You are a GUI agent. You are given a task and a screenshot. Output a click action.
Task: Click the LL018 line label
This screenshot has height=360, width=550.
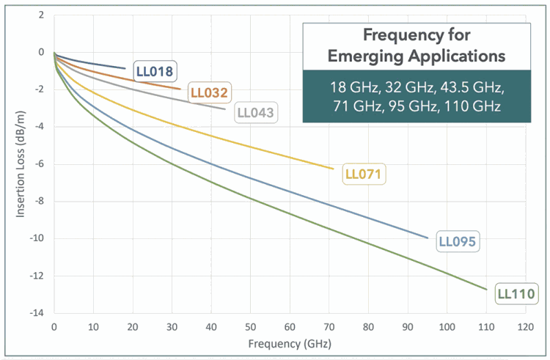point(154,72)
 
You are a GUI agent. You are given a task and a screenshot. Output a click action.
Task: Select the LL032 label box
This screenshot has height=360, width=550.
point(210,93)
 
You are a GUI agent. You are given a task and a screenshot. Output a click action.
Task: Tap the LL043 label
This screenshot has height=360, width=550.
point(256,114)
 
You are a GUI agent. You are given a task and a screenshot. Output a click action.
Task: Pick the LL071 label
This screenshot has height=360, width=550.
point(364,175)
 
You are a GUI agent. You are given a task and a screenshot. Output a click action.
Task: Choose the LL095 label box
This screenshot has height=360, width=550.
point(458,240)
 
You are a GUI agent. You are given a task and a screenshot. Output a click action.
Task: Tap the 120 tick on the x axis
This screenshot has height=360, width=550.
point(524,326)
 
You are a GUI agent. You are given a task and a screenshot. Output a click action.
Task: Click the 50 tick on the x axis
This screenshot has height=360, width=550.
point(250,326)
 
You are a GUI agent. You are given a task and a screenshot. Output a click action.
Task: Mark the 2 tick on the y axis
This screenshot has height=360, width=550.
point(42,15)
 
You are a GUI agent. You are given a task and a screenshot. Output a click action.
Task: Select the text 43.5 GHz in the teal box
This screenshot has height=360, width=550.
point(466,88)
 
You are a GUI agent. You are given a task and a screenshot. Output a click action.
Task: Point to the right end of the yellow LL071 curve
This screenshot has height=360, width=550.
point(333,169)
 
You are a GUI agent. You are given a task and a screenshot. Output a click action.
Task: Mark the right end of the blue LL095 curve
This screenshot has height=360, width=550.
point(428,238)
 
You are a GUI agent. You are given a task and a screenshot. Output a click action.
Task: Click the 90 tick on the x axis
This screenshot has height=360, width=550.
point(407,326)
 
